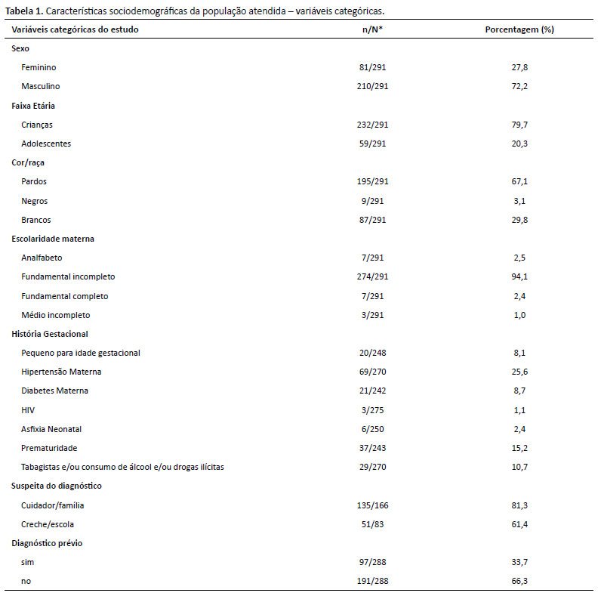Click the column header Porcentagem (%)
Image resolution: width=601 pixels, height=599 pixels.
pyautogui.click(x=519, y=29)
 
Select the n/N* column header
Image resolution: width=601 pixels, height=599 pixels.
pyautogui.click(x=372, y=29)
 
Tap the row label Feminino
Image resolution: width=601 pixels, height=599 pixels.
pyautogui.click(x=39, y=67)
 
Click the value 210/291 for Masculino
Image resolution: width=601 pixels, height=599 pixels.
pyautogui.click(x=372, y=86)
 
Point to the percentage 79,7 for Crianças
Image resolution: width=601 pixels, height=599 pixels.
pyautogui.click(x=519, y=125)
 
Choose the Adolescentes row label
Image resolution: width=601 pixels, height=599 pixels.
pyautogui.click(x=46, y=144)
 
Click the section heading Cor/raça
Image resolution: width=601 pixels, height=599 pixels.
pyautogui.click(x=28, y=162)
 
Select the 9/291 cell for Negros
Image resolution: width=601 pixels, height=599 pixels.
pyautogui.click(x=372, y=201)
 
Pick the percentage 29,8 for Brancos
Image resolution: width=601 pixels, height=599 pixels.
pyautogui.click(x=519, y=220)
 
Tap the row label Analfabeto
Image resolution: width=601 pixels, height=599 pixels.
pyautogui.click(x=42, y=258)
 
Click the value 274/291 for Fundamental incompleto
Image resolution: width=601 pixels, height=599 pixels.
pyautogui.click(x=372, y=276)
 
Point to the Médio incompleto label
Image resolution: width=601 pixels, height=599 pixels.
pyautogui.click(x=56, y=315)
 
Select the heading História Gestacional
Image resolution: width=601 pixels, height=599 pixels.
pyautogui.click(x=50, y=334)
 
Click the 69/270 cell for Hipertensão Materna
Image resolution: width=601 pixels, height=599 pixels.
pyautogui.click(x=372, y=372)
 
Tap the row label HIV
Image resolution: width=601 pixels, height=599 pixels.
pyautogui.click(x=28, y=410)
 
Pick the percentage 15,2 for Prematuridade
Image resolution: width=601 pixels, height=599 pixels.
pyautogui.click(x=519, y=448)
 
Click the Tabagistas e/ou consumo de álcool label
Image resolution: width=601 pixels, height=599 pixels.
pyautogui.click(x=91, y=467)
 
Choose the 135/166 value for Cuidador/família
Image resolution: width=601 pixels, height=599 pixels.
pyautogui.click(x=372, y=505)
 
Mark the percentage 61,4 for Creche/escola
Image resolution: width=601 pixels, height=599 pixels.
pyautogui.click(x=519, y=524)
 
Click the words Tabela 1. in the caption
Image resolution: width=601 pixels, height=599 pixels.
pyautogui.click(x=24, y=11)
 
